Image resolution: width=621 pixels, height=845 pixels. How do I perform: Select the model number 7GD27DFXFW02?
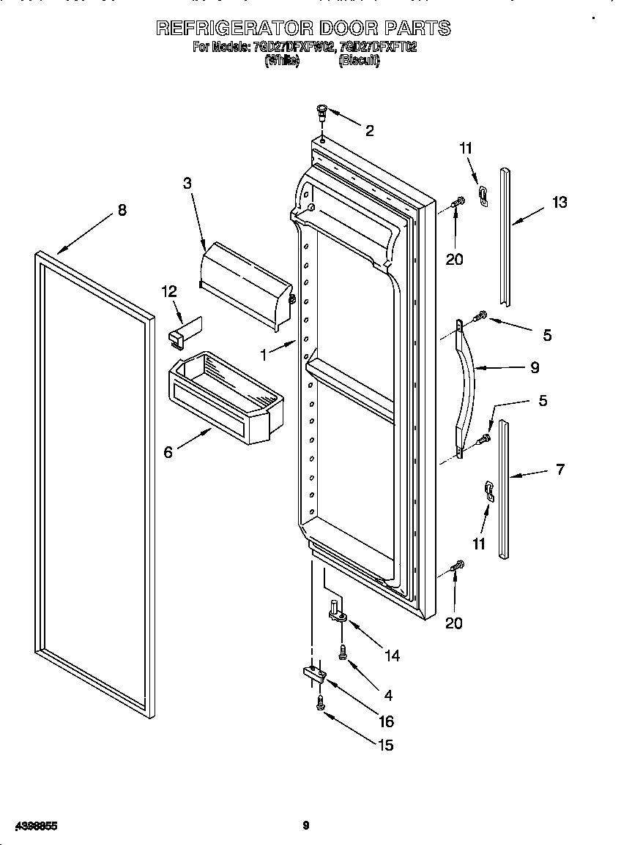point(294,48)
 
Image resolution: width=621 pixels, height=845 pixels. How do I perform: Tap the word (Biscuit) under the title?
point(359,61)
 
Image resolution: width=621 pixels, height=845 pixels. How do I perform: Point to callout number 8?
point(122,211)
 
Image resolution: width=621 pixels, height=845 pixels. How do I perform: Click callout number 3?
point(187,183)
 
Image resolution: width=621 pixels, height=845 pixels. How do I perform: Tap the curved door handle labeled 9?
point(467,388)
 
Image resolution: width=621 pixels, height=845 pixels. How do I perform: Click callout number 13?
point(559,203)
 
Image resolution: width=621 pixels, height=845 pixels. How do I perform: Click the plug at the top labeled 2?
point(321,112)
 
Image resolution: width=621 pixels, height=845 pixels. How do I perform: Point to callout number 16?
point(386,721)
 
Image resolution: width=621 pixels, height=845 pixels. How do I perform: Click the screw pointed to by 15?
point(321,703)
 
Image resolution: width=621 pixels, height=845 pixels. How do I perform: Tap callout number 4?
point(387,695)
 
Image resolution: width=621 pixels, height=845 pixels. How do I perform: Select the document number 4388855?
point(30,826)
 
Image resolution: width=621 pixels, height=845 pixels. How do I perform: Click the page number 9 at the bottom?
point(306,826)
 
